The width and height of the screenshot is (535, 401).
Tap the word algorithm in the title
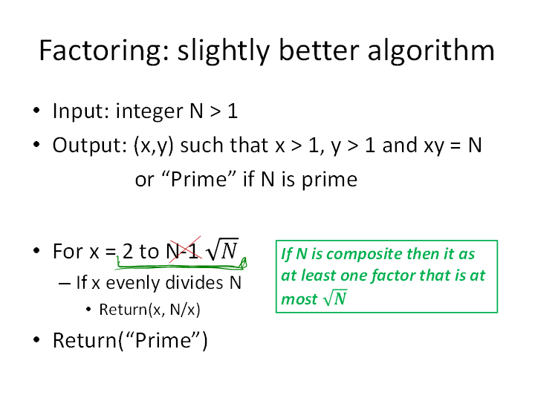(x=431, y=50)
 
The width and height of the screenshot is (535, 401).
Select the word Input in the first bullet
(x=80, y=111)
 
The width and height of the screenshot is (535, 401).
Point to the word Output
(x=90, y=146)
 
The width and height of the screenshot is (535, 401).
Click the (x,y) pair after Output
(x=154, y=146)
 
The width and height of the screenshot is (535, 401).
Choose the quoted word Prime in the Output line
(x=199, y=179)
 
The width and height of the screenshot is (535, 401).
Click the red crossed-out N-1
(x=184, y=251)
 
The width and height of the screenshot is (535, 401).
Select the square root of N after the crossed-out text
(x=222, y=250)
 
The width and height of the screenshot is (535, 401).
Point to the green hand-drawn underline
(x=181, y=265)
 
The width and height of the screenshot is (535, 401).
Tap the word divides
(x=194, y=283)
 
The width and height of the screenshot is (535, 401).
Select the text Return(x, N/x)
(x=149, y=310)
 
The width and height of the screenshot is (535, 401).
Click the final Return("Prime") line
(x=130, y=340)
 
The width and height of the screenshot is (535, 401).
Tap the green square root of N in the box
(x=335, y=298)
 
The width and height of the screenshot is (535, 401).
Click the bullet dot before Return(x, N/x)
(x=88, y=309)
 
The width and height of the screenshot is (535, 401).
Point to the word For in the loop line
(x=68, y=251)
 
